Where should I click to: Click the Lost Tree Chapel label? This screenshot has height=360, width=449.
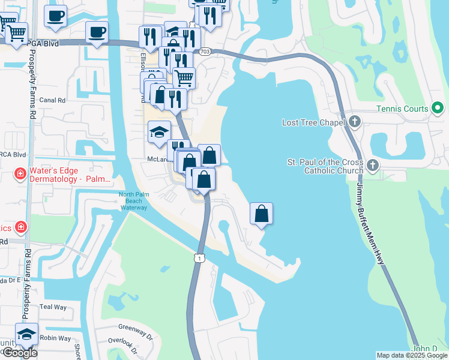(x=313, y=122)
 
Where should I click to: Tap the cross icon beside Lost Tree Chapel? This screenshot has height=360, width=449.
(x=354, y=122)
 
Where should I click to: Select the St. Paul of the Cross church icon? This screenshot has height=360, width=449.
(x=372, y=165)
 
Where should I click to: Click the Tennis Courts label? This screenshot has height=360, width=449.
(x=402, y=109)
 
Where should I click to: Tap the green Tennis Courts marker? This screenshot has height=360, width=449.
(x=438, y=109)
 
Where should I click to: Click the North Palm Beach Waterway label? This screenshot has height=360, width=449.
(x=133, y=201)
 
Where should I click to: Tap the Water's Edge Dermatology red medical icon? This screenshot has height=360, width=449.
(x=19, y=174)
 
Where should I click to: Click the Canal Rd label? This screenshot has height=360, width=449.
(x=53, y=100)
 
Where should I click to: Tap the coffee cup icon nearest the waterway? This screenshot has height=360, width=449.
(x=96, y=32)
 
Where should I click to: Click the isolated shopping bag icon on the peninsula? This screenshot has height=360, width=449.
(x=261, y=214)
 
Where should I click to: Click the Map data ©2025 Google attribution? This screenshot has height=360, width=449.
(x=412, y=355)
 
